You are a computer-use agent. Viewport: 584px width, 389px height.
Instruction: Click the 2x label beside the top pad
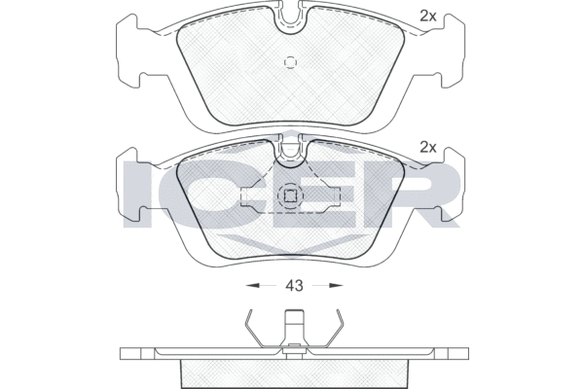point(428,16)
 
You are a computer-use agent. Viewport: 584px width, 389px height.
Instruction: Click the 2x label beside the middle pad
point(428,148)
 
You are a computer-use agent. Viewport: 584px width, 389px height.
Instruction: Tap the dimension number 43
point(294,286)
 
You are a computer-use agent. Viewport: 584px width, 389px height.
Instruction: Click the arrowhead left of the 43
point(252,286)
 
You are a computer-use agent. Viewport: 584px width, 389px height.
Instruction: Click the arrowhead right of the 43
point(336,286)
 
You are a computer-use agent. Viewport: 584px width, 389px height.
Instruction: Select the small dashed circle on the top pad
point(290,62)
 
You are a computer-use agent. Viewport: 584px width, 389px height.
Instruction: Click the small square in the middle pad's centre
point(290,195)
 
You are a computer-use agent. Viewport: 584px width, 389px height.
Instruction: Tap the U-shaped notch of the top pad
point(291,23)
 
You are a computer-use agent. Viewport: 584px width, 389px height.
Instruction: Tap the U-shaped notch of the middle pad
point(291,157)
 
